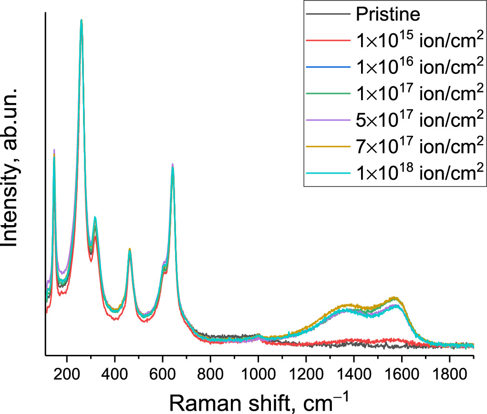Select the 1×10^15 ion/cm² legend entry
point(417,41)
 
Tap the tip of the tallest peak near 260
point(82,20)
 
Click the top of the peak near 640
point(172,164)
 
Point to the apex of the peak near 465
point(130,249)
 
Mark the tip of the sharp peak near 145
point(54,150)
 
